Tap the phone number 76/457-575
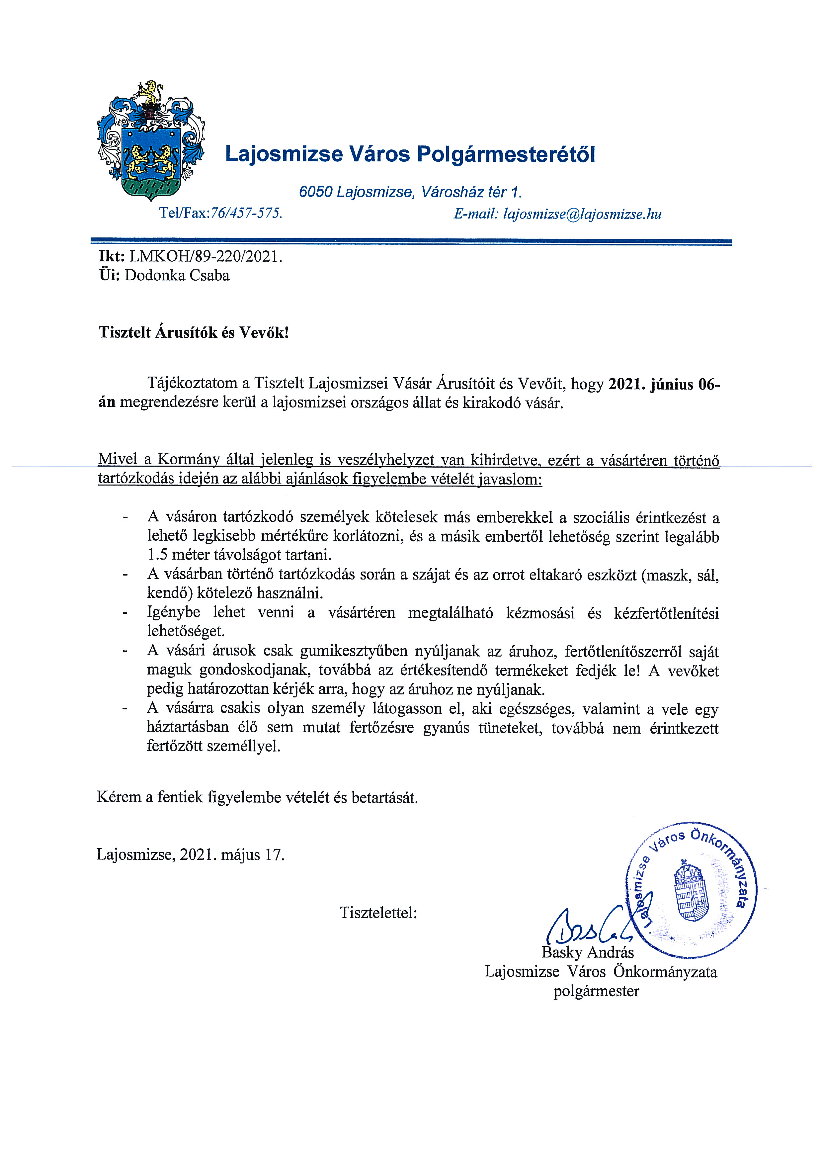[x=246, y=213]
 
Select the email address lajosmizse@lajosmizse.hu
[x=582, y=214]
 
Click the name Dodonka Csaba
[x=177, y=275]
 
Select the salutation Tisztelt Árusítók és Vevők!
[x=194, y=332]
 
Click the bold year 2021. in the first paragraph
[x=627, y=384]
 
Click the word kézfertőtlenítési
[x=666, y=613]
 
